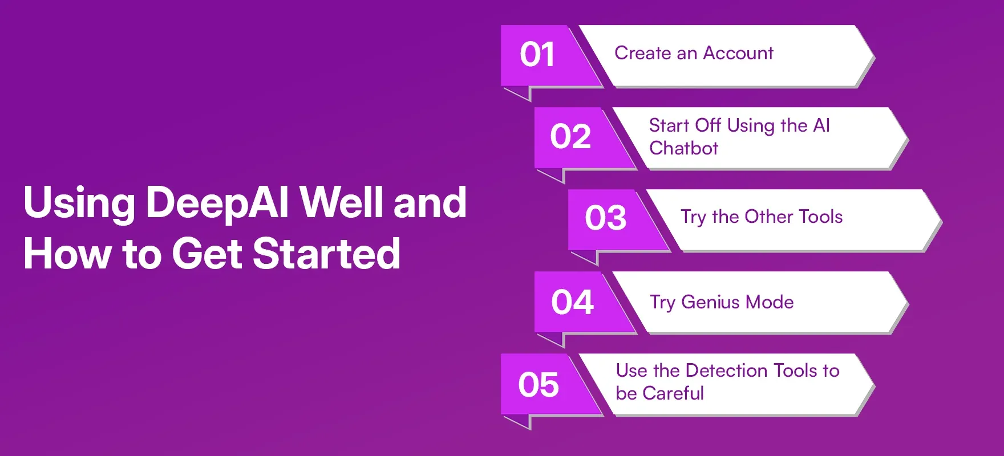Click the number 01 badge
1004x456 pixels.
[x=537, y=55]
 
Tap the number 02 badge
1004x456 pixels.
[x=570, y=137]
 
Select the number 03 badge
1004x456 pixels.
[x=605, y=218]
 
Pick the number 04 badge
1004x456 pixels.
[x=572, y=302]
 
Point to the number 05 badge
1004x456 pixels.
[x=538, y=385]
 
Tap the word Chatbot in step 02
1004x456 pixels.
[x=683, y=148]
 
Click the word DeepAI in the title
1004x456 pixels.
[x=217, y=203]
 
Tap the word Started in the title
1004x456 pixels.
[x=326, y=254]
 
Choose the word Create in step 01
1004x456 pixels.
[x=642, y=53]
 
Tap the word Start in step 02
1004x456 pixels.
[x=669, y=125]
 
